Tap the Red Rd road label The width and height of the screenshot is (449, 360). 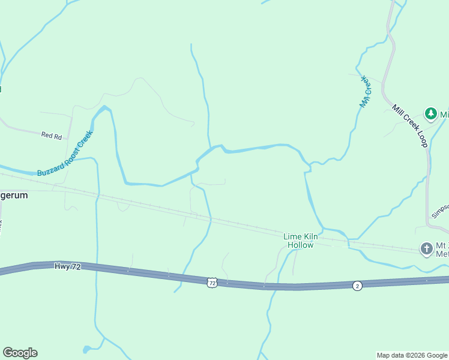(x=52, y=136)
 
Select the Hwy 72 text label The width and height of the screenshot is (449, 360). (x=67, y=266)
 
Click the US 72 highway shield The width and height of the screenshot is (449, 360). (x=211, y=282)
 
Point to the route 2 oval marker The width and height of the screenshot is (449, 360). (x=357, y=286)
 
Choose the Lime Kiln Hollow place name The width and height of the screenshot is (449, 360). (x=300, y=241)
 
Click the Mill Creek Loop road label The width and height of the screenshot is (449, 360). (x=409, y=125)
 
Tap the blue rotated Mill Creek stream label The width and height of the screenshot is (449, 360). (x=366, y=91)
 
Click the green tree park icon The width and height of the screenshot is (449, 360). (x=430, y=113)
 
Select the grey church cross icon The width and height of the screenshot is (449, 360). (x=426, y=248)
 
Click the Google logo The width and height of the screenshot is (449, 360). (x=20, y=353)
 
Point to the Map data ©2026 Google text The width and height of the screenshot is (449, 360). (x=411, y=355)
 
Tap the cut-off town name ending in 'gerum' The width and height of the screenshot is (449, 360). (x=14, y=196)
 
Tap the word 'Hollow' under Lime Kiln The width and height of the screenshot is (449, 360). (x=300, y=245)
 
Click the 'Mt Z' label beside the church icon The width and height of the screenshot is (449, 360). (x=442, y=245)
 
